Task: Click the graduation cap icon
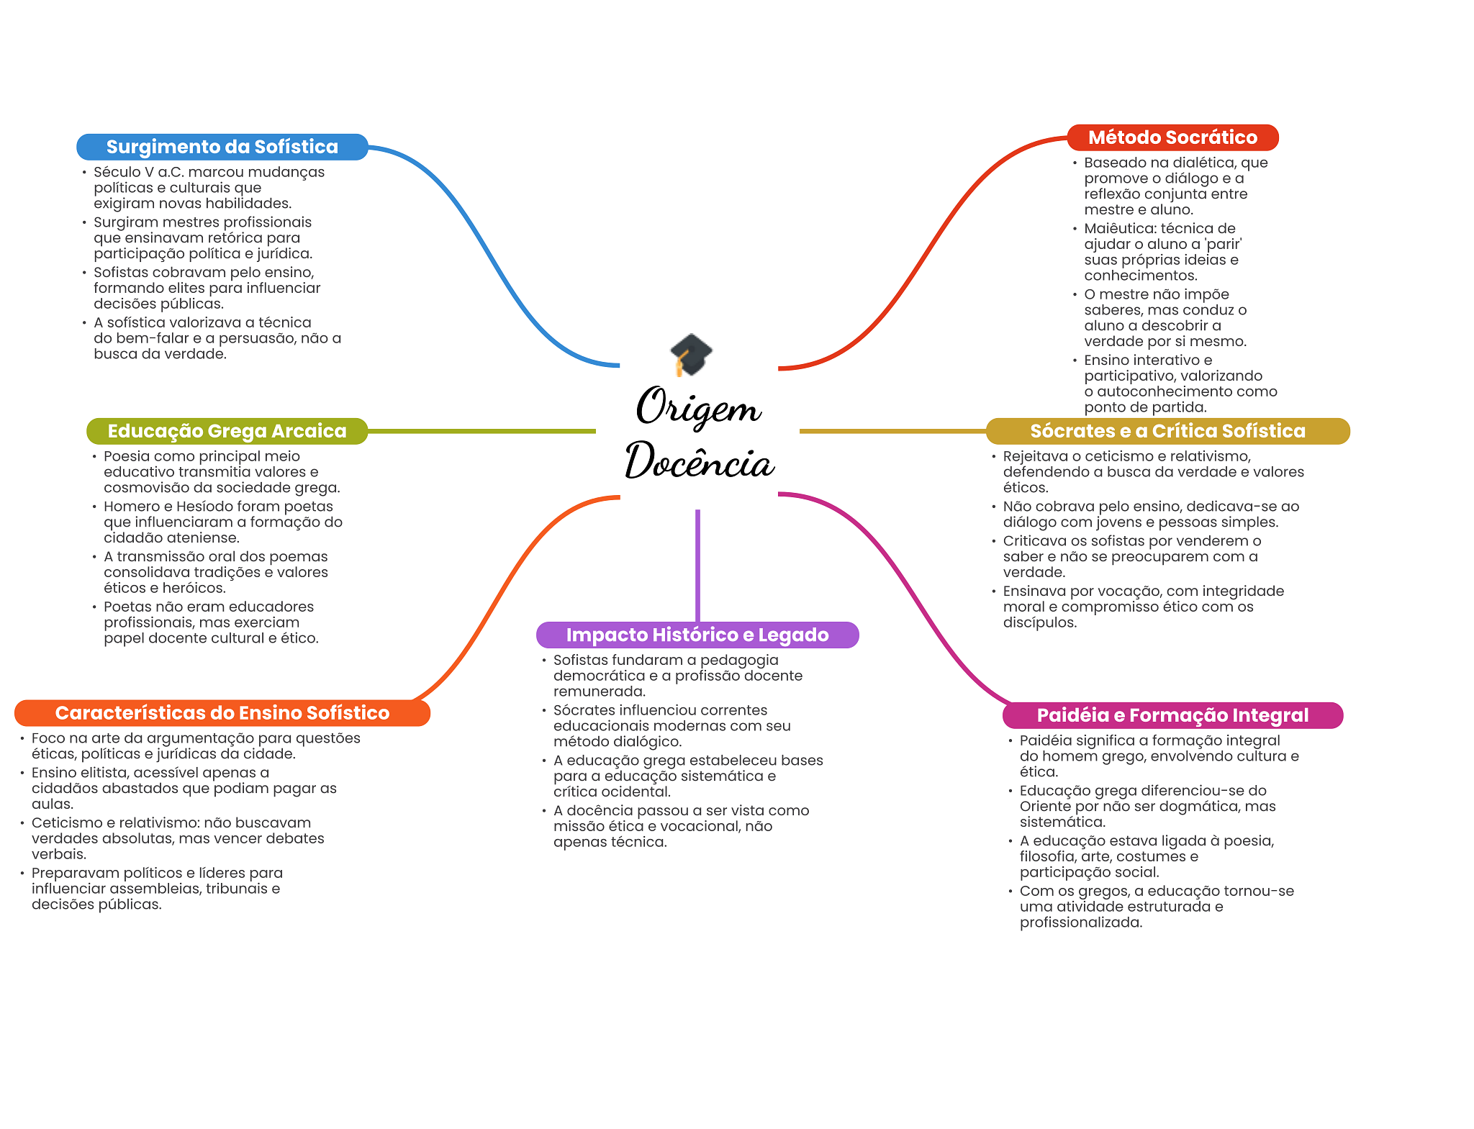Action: click(x=691, y=354)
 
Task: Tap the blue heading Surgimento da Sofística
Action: click(x=222, y=147)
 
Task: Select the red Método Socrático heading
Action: click(x=1172, y=137)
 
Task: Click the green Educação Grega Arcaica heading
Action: click(x=227, y=431)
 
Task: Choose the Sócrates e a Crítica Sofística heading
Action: click(x=1167, y=431)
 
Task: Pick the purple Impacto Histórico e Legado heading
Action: click(x=697, y=635)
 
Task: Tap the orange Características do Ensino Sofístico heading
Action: click(x=222, y=713)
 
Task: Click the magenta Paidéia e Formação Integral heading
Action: click(x=1172, y=715)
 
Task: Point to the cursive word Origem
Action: click(x=698, y=407)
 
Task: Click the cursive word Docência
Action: click(x=700, y=461)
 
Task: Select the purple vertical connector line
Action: click(x=697, y=566)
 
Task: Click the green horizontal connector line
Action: click(x=481, y=431)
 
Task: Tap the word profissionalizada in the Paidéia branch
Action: click(x=1080, y=922)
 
